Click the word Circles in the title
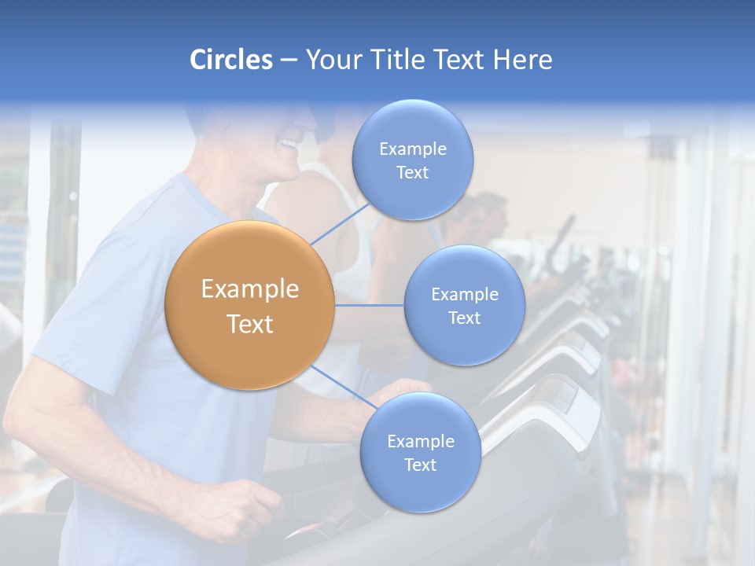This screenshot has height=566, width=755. [x=230, y=60]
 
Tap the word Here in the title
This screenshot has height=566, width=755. [x=522, y=60]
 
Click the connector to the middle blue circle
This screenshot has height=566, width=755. [x=369, y=305]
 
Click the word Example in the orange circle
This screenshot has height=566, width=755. [x=250, y=289]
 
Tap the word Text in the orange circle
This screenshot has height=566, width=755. [x=250, y=324]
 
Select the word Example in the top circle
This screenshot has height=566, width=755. [x=413, y=149]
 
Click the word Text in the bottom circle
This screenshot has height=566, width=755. [x=420, y=465]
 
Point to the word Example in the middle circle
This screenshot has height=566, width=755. [x=464, y=294]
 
